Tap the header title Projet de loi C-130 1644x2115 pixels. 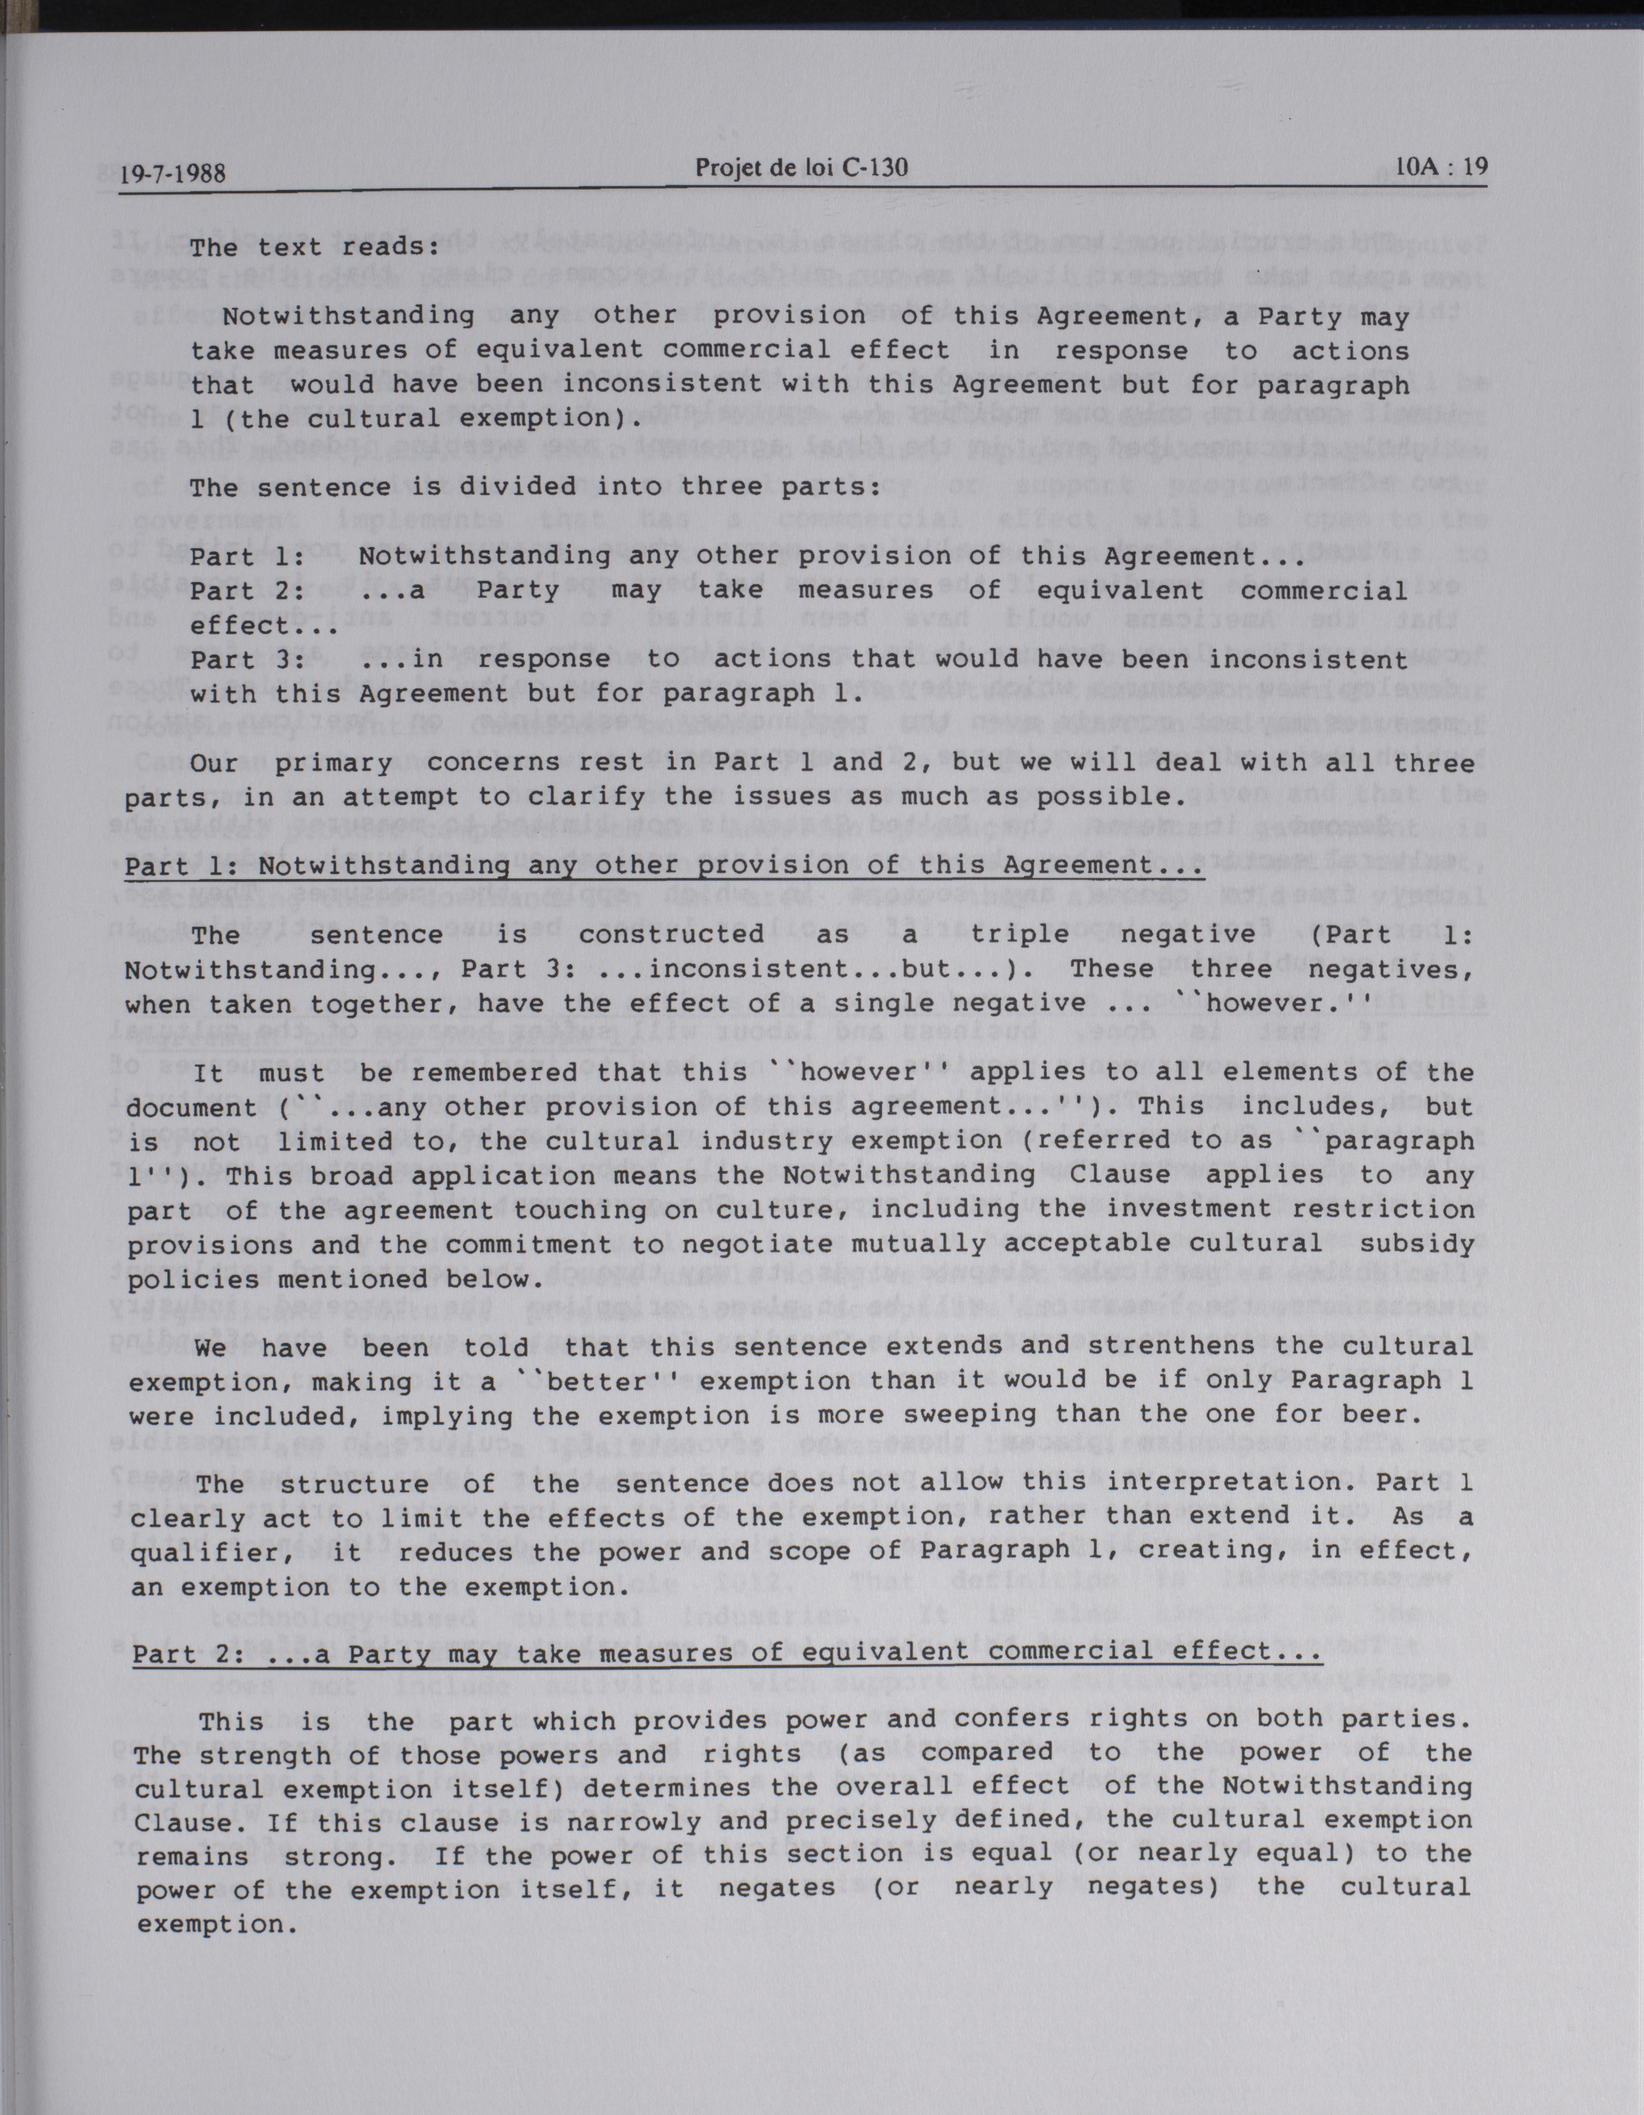(802, 169)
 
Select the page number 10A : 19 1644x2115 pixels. (1440, 165)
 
